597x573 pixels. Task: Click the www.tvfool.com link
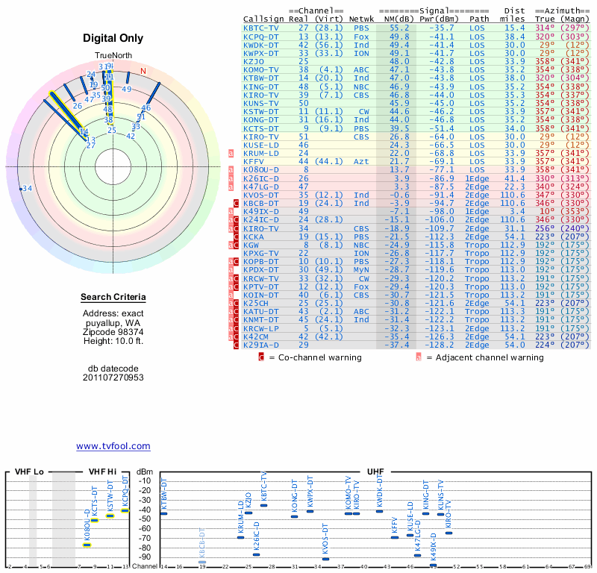113,446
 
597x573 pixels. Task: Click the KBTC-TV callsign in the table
261,27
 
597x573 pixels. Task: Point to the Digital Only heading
113,38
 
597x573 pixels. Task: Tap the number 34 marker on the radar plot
27,189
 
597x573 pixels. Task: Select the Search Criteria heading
113,298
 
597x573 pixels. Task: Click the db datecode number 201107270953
113,378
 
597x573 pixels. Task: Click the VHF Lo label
29,472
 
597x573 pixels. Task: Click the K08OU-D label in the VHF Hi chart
87,526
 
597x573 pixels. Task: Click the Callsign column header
264,18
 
